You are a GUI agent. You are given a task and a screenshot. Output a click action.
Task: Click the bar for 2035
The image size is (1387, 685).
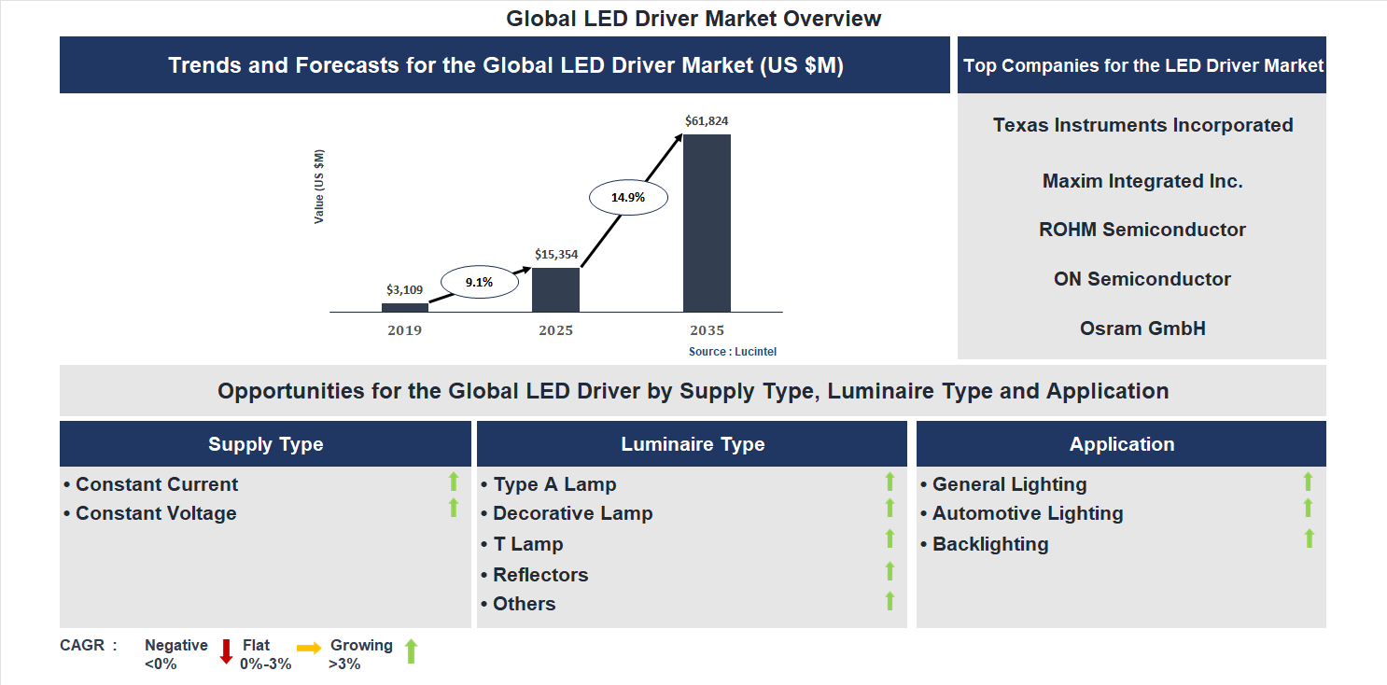[x=707, y=223]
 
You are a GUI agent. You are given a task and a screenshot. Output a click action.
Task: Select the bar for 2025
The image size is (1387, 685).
[x=555, y=289]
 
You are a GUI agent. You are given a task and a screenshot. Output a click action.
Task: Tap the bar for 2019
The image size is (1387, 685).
[x=405, y=307]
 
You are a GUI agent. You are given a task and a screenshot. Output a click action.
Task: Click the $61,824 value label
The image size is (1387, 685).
[x=707, y=121]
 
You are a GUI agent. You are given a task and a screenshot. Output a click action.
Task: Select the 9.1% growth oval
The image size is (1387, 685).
[x=479, y=282]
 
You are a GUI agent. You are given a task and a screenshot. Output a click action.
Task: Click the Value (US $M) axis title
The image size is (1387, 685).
[x=320, y=187]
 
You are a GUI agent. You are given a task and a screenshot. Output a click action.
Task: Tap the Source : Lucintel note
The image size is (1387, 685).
[x=733, y=352]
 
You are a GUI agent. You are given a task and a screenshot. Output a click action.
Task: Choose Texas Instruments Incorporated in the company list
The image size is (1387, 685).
[x=1142, y=125]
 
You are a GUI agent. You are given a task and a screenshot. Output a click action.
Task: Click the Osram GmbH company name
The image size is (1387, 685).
[x=1142, y=329]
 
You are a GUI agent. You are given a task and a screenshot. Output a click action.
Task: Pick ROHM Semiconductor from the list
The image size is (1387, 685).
[x=1142, y=230]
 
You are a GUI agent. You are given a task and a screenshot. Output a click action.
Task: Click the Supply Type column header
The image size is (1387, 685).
[x=265, y=444]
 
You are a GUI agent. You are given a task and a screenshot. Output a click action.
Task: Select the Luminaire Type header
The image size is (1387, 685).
[x=693, y=444]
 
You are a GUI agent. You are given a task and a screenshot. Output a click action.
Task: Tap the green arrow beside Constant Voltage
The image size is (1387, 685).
[x=454, y=509]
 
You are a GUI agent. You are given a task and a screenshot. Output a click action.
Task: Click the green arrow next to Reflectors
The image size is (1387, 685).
[x=890, y=571]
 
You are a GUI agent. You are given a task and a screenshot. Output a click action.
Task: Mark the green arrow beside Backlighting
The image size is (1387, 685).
[x=1309, y=538]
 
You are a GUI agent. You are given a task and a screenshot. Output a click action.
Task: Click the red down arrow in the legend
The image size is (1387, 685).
[x=226, y=651]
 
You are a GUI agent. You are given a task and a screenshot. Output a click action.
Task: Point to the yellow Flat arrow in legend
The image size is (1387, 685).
[x=309, y=648]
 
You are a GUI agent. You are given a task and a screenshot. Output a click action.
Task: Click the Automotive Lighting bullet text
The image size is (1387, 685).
[x=1028, y=513]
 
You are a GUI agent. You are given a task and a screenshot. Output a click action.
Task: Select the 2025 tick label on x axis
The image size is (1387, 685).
[x=555, y=330]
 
